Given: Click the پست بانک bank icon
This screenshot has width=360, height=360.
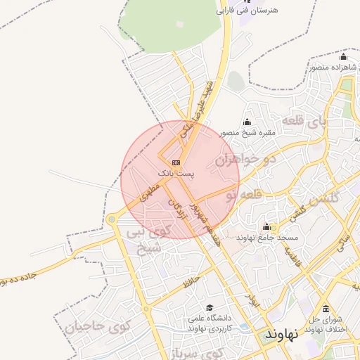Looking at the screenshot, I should coord(175,162).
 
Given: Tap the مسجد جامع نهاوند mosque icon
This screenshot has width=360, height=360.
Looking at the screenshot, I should coord(266,227).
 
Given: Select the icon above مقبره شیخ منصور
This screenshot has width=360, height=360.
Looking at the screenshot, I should coord(247,122).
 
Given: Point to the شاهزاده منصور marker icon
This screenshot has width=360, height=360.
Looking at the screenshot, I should coord(343,58).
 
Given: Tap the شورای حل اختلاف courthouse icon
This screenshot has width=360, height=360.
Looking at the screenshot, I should coord(325,309).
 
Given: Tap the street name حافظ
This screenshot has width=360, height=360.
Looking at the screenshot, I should coord(191,283).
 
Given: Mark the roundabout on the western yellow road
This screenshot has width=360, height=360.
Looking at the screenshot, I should coord(111,220).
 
